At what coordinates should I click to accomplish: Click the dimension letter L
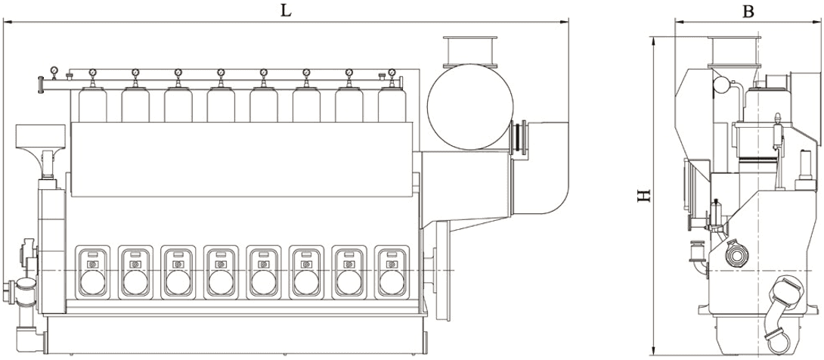click(x=285, y=11)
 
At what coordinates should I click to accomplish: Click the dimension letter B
click(x=748, y=11)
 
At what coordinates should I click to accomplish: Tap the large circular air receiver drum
click(x=469, y=107)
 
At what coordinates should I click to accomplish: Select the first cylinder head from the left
click(x=92, y=105)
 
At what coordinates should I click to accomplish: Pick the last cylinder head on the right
click(x=392, y=105)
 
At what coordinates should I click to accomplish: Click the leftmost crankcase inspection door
click(x=92, y=272)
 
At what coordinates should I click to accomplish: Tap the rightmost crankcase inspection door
click(x=392, y=272)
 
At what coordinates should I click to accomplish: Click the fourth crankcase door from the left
click(x=221, y=272)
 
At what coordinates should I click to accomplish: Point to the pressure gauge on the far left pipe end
click(x=54, y=70)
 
